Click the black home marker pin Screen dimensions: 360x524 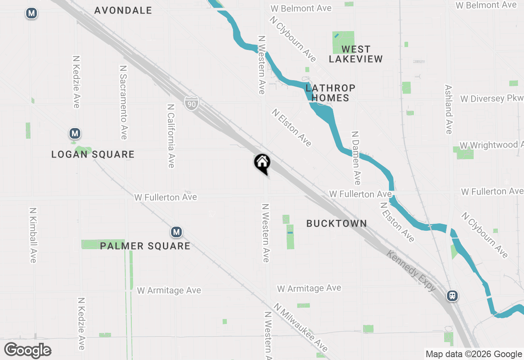(x=262, y=163)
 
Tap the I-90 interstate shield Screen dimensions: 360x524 (x=192, y=103)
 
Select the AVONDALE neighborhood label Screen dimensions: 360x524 (x=123, y=10)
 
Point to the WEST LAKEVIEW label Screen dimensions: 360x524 (x=356, y=54)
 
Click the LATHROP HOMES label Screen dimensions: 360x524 (x=330, y=93)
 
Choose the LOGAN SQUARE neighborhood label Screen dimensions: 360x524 (x=93, y=154)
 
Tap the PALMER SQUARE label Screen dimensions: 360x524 (x=145, y=246)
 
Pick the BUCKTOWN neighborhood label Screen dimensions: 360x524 (x=337, y=223)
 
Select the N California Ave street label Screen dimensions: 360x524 (x=171, y=135)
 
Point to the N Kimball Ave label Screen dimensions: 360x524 (x=33, y=235)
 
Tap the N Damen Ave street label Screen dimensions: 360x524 (x=356, y=158)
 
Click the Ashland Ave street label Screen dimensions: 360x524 (x=449, y=109)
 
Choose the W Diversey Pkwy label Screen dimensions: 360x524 (x=491, y=99)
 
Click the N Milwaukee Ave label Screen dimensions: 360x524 (x=301, y=327)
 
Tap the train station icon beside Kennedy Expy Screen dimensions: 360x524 (x=452, y=295)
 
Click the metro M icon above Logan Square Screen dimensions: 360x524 (x=75, y=133)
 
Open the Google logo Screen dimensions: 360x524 (x=27, y=351)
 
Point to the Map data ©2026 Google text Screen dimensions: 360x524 (x=474, y=354)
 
